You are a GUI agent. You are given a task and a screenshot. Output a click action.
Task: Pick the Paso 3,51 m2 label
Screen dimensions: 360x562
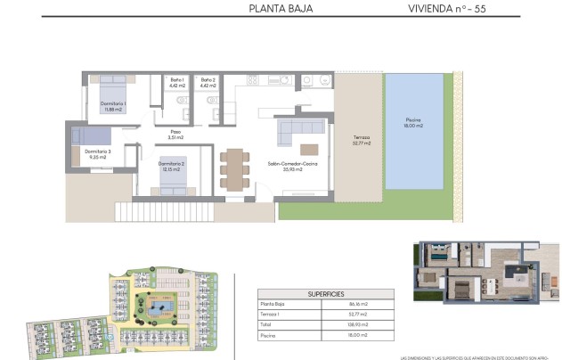pyautogui.click(x=176, y=135)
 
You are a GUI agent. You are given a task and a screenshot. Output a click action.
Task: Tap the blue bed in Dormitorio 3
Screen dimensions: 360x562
pyautogui.click(x=90, y=136)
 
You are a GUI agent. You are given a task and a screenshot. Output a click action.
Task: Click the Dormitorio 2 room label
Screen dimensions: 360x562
pyautogui.click(x=172, y=167)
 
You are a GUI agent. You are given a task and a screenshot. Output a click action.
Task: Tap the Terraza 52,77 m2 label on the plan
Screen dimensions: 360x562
pyautogui.click(x=361, y=140)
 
